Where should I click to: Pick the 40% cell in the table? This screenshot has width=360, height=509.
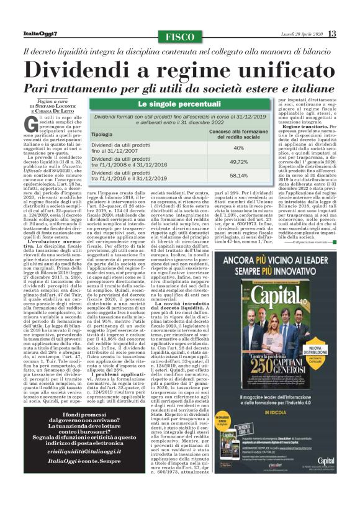238,148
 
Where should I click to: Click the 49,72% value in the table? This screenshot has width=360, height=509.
238,161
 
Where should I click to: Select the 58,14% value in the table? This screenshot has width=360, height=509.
238,176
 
